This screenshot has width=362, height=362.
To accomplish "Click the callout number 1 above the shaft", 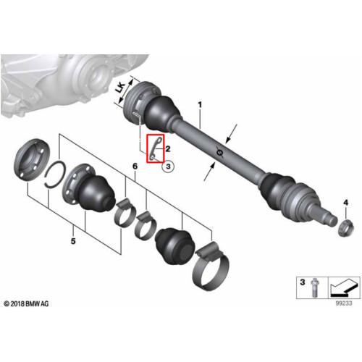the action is click(200, 105).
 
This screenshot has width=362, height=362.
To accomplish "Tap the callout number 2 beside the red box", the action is click(168, 148).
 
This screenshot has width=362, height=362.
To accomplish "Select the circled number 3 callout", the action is click(168, 167).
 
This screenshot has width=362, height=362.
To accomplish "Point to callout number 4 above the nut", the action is click(346, 203).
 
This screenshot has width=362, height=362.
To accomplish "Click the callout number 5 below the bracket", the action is click(73, 241).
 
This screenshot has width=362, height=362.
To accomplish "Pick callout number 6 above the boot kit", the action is click(135, 166).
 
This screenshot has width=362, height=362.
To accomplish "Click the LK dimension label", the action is click(120, 88).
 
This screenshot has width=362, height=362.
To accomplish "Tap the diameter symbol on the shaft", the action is click(219, 152).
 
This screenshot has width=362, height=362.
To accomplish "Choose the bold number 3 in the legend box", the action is click(303, 282).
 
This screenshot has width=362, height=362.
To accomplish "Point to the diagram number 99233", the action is click(344, 303).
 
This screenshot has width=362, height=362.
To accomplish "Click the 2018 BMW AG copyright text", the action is click(26, 303).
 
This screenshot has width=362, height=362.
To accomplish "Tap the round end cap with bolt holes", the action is click(33, 159).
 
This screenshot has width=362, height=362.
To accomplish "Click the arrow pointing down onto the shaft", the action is click(232, 133).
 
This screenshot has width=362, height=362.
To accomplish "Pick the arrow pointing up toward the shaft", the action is click(209, 172).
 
